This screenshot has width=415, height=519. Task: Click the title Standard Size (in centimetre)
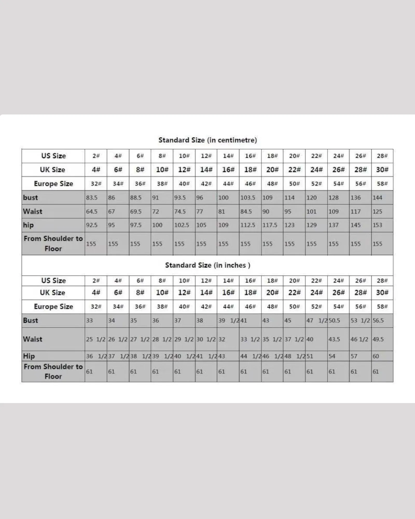(208, 140)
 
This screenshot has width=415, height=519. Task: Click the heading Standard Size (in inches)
(208, 265)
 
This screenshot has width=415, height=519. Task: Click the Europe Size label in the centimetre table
(53, 184)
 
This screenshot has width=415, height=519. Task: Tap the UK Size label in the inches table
(52, 293)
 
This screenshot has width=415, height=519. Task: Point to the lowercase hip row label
(28, 225)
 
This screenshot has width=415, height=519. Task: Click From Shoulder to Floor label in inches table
(53, 371)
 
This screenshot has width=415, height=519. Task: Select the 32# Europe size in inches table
(96, 307)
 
